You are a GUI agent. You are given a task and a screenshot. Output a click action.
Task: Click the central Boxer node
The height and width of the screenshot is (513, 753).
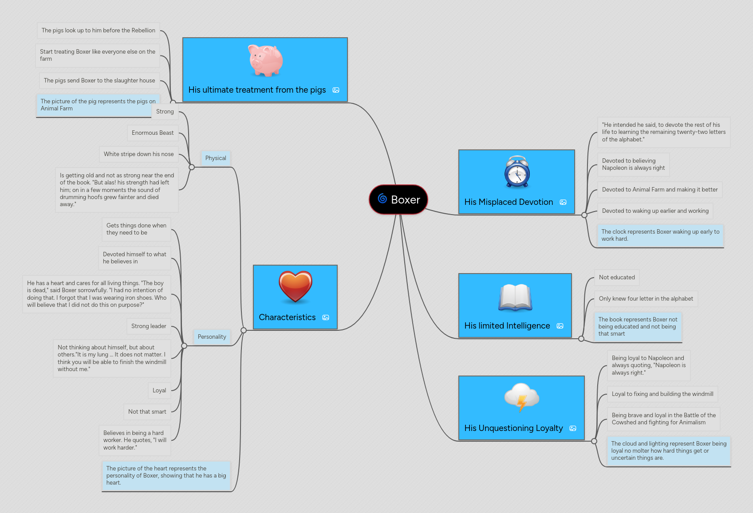click(x=398, y=200)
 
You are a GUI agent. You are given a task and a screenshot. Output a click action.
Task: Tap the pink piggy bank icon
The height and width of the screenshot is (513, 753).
click(x=265, y=60)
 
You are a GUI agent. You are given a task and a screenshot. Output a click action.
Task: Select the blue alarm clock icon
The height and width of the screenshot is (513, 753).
click(x=517, y=172)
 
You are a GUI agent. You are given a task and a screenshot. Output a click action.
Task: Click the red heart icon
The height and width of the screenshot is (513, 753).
click(x=296, y=287)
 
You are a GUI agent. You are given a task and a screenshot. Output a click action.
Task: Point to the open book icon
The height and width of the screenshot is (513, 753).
click(x=515, y=298)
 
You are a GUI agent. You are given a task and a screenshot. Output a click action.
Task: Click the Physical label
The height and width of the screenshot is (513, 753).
click(x=216, y=158)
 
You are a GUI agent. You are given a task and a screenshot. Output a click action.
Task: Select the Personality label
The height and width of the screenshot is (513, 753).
click(x=212, y=337)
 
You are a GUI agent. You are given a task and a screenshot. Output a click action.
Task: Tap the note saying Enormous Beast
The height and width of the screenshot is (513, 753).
click(x=152, y=133)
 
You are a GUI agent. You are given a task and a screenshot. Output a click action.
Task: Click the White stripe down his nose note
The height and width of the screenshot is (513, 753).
click(x=138, y=154)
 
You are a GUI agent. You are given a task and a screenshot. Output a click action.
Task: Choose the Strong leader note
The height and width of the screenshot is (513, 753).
click(x=149, y=326)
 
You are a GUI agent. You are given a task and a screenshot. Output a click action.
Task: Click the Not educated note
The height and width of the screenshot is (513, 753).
click(x=616, y=278)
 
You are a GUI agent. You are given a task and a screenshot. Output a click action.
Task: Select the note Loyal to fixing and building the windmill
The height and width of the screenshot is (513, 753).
click(x=662, y=394)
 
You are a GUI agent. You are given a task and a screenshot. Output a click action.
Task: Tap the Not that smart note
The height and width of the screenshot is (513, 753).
click(x=147, y=412)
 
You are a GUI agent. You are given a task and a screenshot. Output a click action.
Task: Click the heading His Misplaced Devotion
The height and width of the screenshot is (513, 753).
click(x=509, y=202)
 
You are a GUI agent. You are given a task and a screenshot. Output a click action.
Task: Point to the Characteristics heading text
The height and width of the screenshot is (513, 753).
click(x=287, y=317)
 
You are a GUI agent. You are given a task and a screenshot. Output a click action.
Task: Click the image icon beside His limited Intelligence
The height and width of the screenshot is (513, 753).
click(x=560, y=326)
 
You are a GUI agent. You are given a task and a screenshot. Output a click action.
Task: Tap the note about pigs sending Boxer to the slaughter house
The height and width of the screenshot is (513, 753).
click(x=99, y=81)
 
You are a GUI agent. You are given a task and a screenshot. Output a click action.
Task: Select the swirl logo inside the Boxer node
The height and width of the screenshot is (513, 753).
click(x=382, y=199)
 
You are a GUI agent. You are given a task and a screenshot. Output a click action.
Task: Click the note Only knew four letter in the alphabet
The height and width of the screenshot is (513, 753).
click(x=646, y=299)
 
